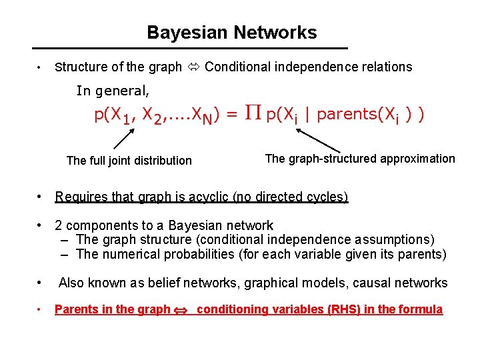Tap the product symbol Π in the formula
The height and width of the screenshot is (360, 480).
(x=251, y=114)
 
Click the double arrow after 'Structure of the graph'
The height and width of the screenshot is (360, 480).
(x=193, y=67)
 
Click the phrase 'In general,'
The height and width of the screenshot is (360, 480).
(x=113, y=91)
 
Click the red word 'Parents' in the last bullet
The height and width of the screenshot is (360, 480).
(x=75, y=309)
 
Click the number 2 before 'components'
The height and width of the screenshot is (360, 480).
(x=59, y=225)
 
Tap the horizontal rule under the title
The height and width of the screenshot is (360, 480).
(x=191, y=49)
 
